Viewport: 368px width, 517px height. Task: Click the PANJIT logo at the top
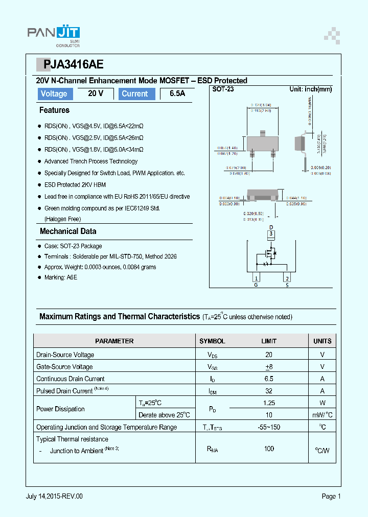pos(53,34)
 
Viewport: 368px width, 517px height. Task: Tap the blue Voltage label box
pos(54,93)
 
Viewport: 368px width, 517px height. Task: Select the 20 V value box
pos(96,93)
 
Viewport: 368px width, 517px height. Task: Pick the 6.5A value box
pos(177,93)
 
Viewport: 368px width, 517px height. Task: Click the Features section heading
pos(54,110)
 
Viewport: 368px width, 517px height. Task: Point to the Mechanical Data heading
pos(68,231)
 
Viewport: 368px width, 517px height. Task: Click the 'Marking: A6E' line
pos(61,277)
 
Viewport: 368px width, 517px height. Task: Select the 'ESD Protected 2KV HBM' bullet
pos(75,184)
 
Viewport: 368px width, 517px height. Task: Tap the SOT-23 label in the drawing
pos(223,89)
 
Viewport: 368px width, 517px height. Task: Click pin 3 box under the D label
pos(271,234)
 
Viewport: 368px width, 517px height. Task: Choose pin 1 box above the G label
pos(256,278)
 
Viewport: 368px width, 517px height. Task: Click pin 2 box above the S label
pos(287,278)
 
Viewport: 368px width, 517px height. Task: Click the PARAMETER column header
pos(114,341)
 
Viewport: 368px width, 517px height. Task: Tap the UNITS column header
pos(322,341)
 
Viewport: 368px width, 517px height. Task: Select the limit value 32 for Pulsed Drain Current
pos(269,391)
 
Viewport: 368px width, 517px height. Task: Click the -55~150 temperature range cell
pos(269,427)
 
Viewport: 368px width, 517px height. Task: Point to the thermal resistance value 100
pos(269,449)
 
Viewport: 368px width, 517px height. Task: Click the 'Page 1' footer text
pos(331,496)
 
